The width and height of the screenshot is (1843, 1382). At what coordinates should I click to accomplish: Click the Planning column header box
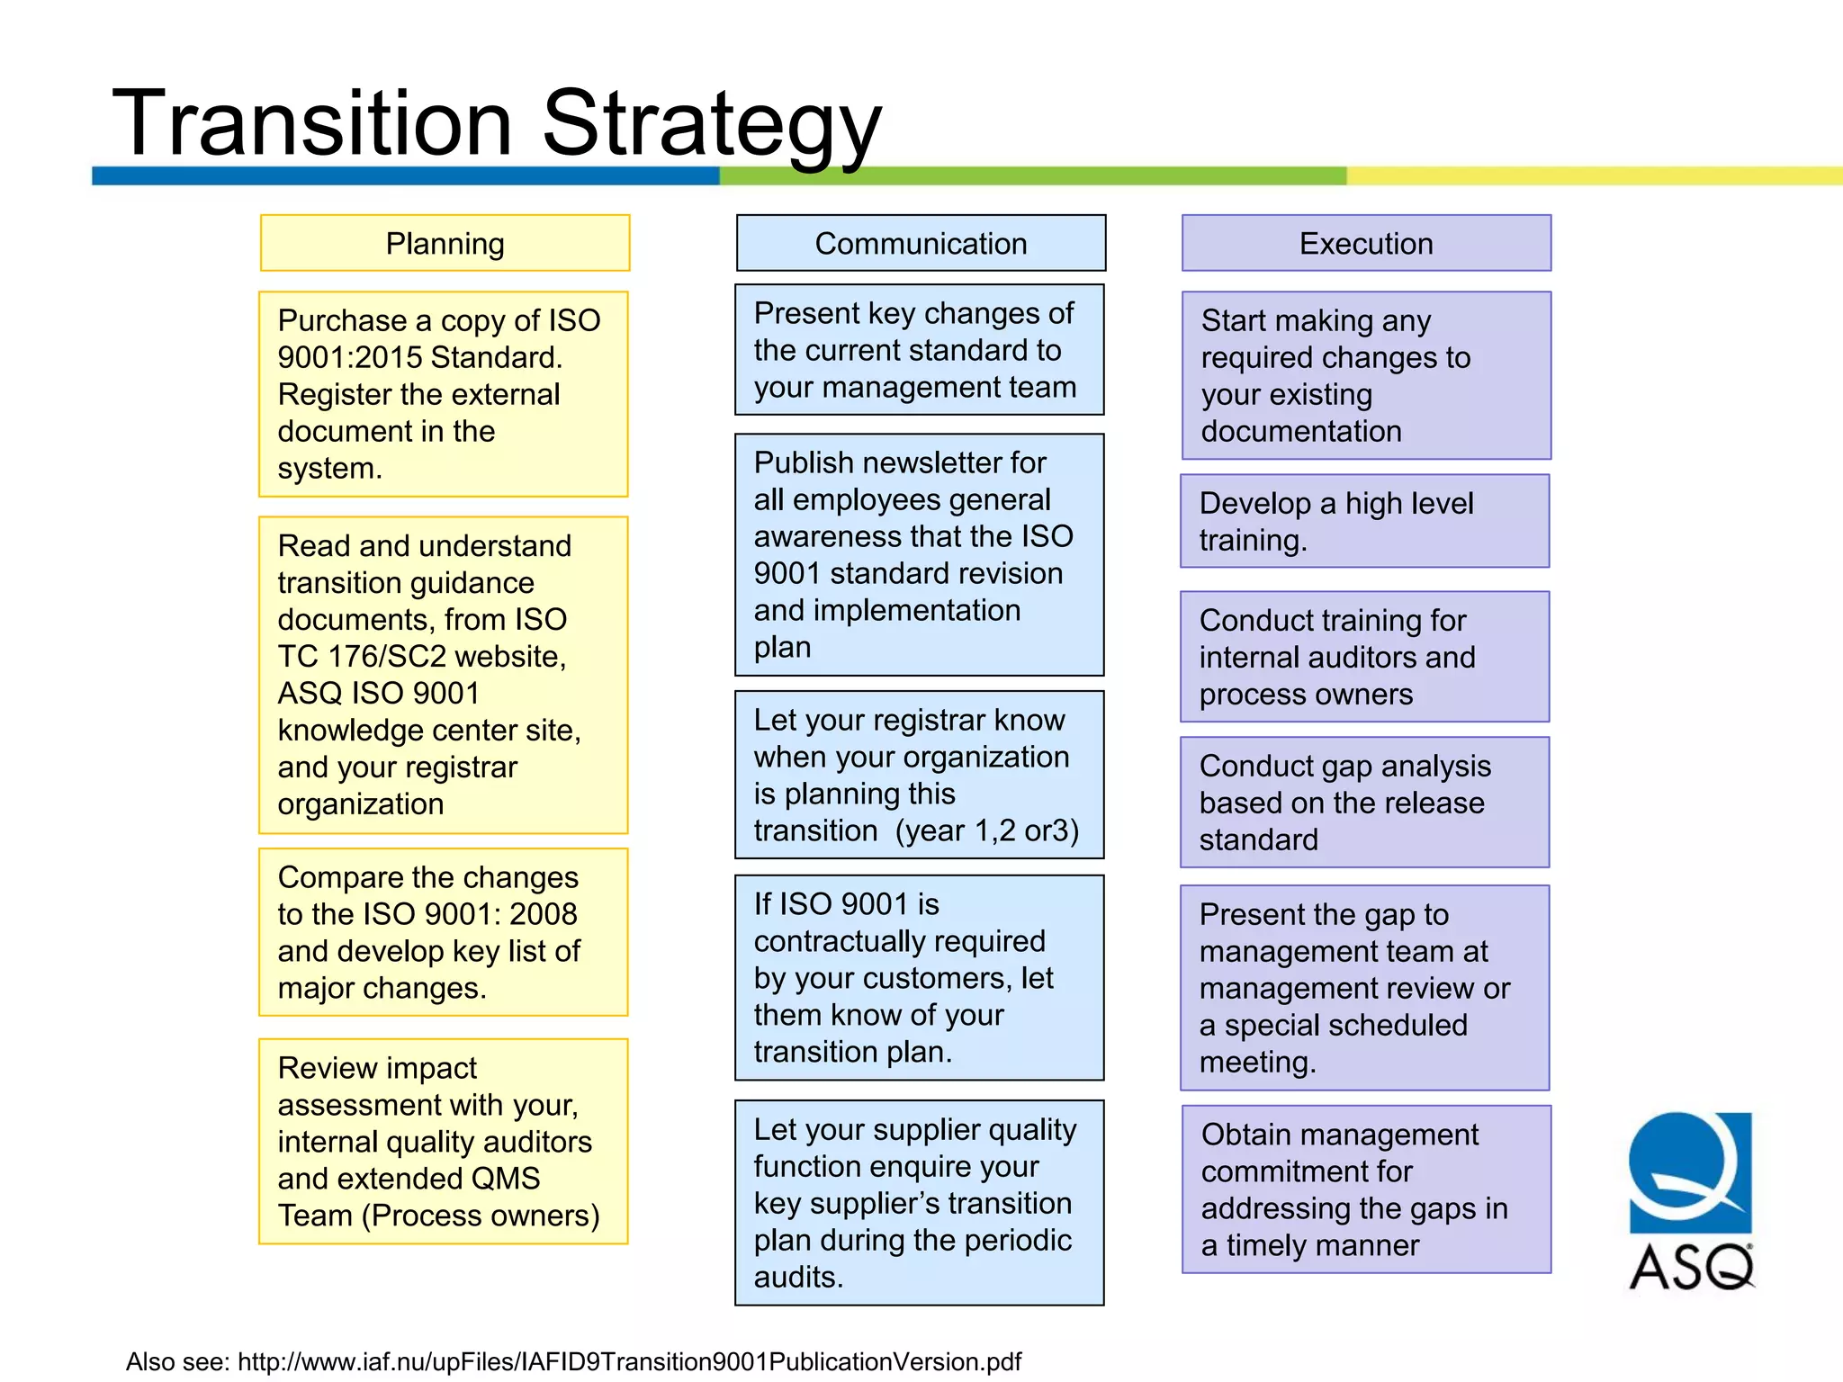click(x=445, y=243)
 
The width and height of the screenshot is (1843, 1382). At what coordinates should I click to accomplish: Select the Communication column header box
click(x=921, y=243)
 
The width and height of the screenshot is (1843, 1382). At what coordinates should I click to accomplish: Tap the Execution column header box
click(x=1366, y=243)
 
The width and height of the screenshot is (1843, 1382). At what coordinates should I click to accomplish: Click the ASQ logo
click(x=1690, y=1200)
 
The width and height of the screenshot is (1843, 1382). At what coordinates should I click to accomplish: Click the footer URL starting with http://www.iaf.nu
click(x=629, y=1361)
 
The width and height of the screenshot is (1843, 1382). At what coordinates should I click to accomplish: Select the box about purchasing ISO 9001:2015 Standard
click(x=443, y=394)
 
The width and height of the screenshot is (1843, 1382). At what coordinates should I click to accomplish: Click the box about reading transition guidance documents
click(x=443, y=675)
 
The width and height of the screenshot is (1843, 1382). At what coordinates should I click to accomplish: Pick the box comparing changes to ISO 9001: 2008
click(x=443, y=932)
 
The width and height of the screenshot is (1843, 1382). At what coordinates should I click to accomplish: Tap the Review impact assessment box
click(x=443, y=1142)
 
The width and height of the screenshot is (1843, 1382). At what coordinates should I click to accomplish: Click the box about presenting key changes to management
click(x=919, y=350)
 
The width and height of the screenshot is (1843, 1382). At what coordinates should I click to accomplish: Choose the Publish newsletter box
click(x=919, y=554)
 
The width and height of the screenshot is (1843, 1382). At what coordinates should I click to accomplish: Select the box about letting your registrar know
click(x=919, y=775)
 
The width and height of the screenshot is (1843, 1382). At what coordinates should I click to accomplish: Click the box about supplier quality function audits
click(x=919, y=1203)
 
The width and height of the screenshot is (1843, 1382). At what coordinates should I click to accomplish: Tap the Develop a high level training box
click(x=1364, y=521)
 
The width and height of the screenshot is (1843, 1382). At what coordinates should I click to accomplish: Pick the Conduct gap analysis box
click(x=1364, y=803)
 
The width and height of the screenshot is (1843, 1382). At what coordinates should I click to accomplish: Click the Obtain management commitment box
click(x=1366, y=1189)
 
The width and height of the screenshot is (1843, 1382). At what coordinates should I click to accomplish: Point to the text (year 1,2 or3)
click(x=987, y=830)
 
